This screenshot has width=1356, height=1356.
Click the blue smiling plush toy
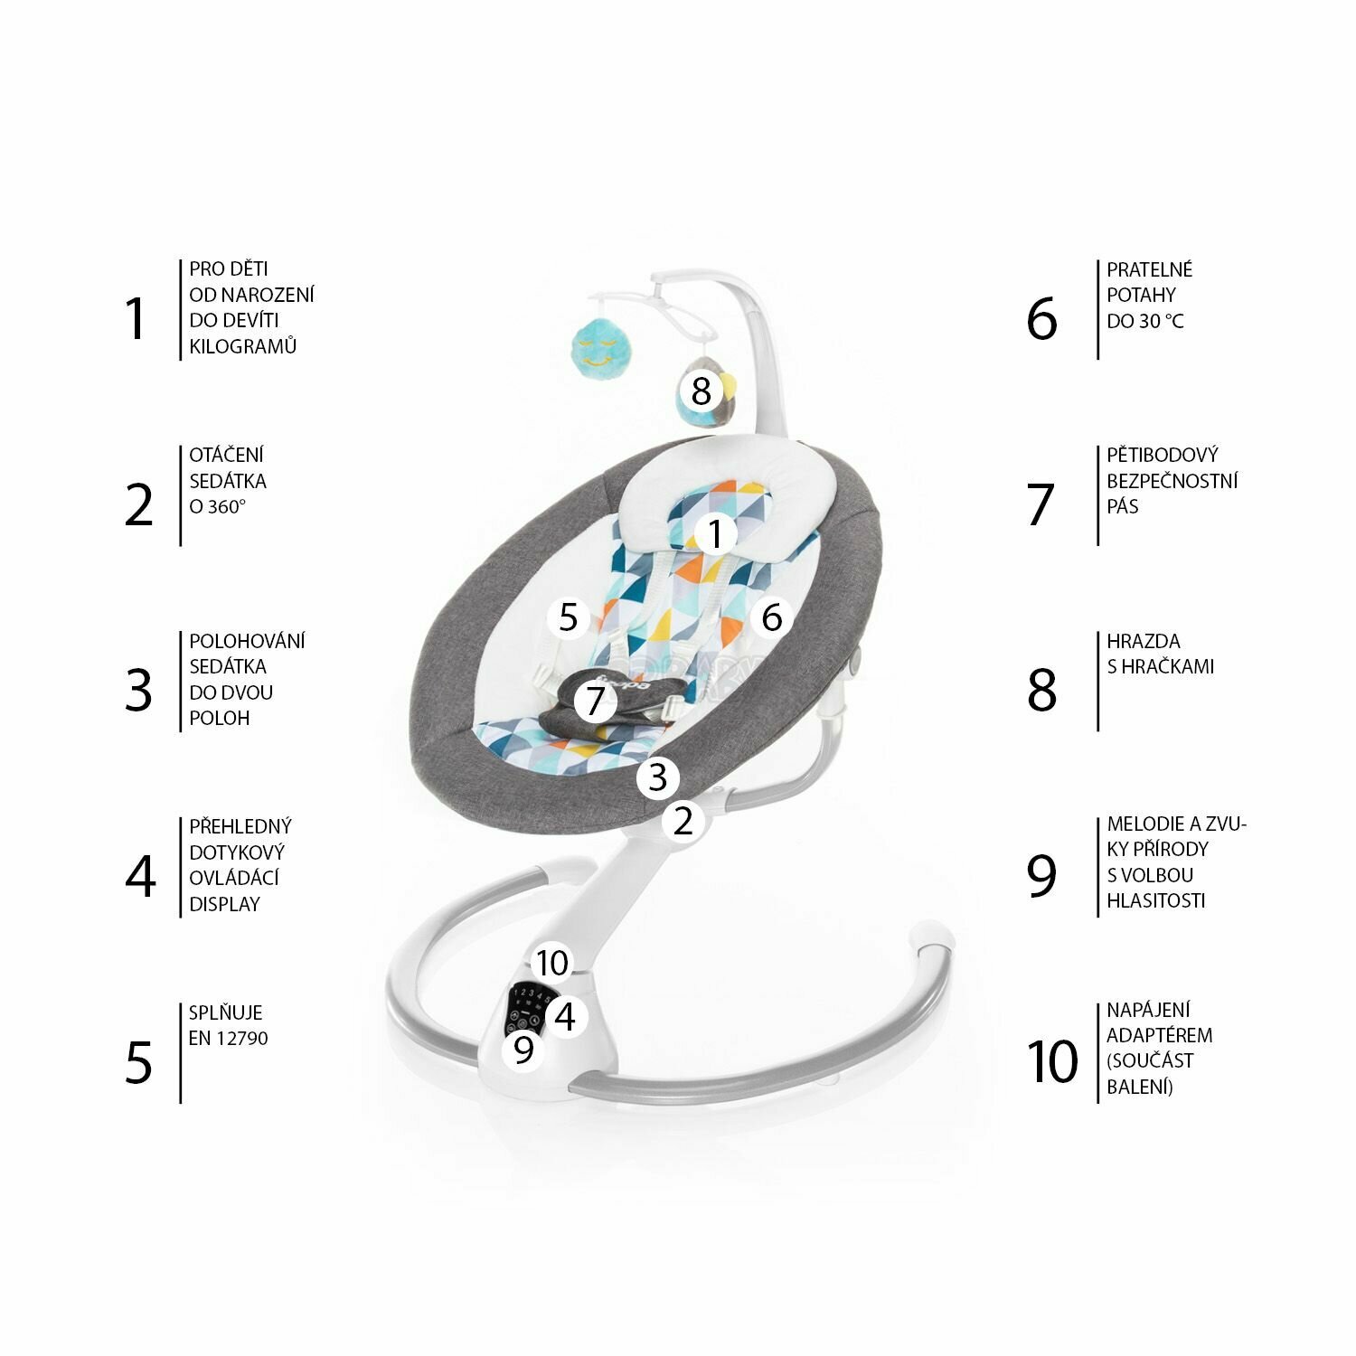point(597,347)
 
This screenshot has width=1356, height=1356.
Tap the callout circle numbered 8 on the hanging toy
point(702,391)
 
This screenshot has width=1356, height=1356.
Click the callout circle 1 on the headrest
point(715,533)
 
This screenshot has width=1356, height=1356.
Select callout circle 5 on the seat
point(568,617)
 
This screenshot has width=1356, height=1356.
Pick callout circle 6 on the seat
point(771,617)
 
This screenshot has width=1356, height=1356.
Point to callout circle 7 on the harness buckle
point(594,701)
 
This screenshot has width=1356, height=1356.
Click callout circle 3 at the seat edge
point(657,777)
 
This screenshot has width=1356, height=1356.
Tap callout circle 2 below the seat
point(683,821)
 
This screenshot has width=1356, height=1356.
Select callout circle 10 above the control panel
point(551,963)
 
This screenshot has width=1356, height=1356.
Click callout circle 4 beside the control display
point(565,1017)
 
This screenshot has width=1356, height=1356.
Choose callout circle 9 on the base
point(524,1050)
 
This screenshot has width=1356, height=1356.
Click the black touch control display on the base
point(528,1008)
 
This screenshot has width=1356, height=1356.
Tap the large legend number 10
point(1053,1061)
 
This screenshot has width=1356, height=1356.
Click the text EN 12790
point(228,1039)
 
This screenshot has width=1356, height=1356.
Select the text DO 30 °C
point(1145,321)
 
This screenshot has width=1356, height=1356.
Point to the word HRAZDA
point(1144,641)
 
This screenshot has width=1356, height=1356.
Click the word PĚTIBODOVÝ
point(1163,455)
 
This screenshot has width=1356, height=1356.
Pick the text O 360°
point(218,507)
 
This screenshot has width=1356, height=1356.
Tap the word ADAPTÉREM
point(1160,1035)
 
